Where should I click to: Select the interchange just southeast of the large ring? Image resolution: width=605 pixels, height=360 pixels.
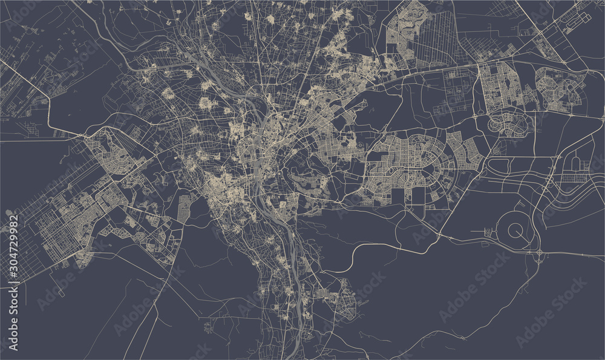[x=538, y=250]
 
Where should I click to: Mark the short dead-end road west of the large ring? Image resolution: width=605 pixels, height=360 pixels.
[x=481, y=231]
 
